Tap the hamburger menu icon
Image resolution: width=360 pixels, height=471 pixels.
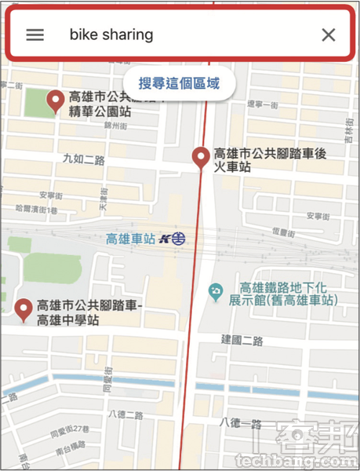click(35, 35)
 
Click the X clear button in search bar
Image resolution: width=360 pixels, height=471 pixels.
click(329, 35)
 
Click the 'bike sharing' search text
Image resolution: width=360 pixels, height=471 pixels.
click(111, 35)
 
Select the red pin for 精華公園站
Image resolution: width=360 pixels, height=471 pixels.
click(56, 101)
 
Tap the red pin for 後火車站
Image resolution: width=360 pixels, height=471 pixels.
click(201, 158)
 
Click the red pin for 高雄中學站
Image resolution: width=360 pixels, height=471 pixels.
click(24, 309)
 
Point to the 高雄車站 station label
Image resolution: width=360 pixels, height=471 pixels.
click(130, 239)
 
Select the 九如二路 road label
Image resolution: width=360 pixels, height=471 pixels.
click(83, 160)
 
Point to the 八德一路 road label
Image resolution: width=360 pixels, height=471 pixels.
click(242, 424)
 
